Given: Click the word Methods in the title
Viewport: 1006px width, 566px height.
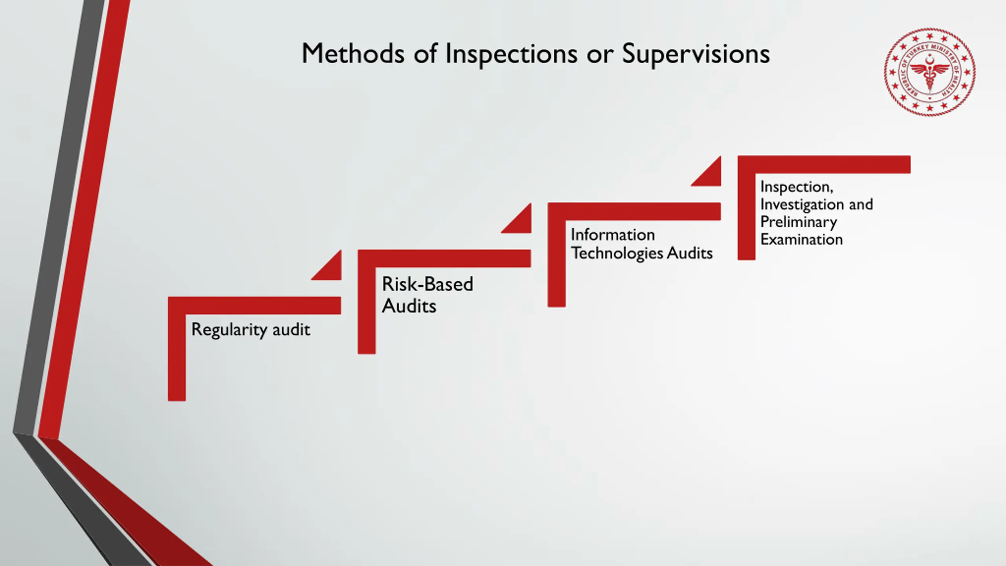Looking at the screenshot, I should click(352, 53).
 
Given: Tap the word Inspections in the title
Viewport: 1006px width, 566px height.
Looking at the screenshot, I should click(511, 54).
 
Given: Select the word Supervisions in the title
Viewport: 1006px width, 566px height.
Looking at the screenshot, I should click(696, 54).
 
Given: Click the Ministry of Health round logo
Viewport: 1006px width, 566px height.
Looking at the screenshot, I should click(930, 72).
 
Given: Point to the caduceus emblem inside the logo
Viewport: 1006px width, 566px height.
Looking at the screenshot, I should click(930, 75).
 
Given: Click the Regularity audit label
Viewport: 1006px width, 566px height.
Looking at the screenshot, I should click(251, 329).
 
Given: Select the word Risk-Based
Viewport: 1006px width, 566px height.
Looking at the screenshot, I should click(428, 284).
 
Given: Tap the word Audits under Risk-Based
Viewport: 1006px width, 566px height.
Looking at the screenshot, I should click(409, 306).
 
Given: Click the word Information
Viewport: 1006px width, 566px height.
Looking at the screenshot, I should click(613, 235).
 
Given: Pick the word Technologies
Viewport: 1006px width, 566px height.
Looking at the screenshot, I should click(617, 253).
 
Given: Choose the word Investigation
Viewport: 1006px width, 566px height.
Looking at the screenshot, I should click(802, 205).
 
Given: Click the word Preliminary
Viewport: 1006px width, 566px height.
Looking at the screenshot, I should click(799, 222).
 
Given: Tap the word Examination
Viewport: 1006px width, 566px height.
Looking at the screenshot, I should click(802, 239).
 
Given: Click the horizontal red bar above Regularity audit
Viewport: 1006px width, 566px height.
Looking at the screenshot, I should click(259, 305).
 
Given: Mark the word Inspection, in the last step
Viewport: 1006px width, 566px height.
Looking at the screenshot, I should click(797, 187).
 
